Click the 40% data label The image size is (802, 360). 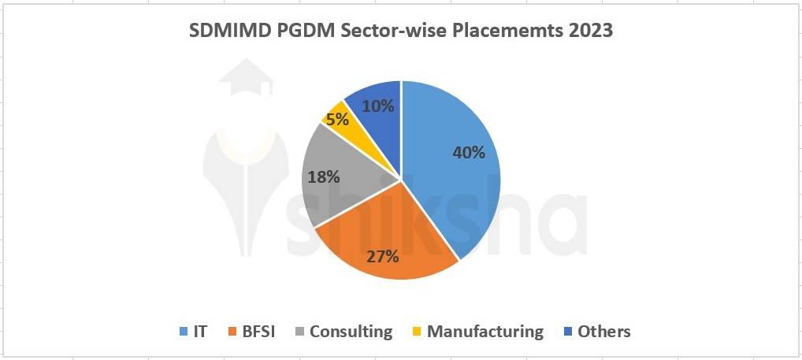(468, 153)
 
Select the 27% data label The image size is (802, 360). (382, 256)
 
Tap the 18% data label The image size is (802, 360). (323, 176)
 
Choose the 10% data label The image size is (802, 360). (378, 105)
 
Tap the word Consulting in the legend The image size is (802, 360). (351, 332)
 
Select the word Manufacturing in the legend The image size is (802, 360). (485, 332)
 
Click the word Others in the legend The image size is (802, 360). (603, 332)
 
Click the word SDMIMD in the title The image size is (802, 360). (228, 32)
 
